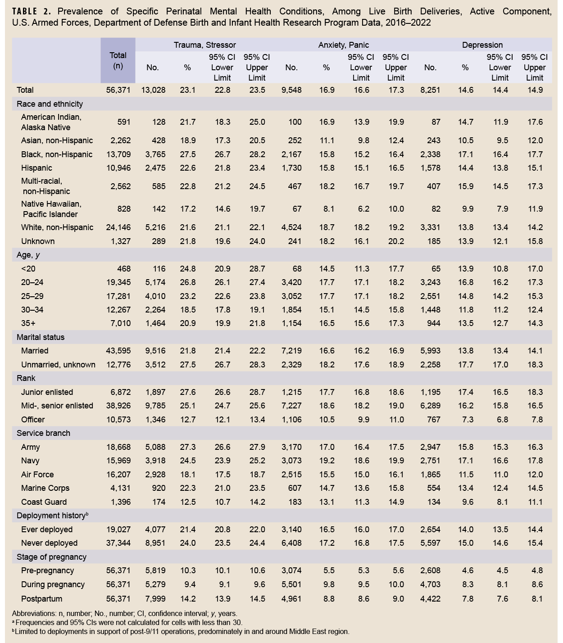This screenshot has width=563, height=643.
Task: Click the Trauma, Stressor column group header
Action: [x=204, y=45]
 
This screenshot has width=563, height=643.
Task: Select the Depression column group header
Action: [x=482, y=45]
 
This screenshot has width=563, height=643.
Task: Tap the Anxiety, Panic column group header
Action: [x=343, y=45]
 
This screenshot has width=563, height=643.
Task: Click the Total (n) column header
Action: [x=118, y=60]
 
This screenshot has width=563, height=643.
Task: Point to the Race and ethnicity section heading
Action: [x=50, y=104]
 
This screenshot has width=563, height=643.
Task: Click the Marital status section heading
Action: [x=41, y=337]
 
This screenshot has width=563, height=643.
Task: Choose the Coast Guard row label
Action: [x=44, y=502]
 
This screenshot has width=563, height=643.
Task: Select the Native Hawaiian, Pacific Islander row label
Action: [x=51, y=209]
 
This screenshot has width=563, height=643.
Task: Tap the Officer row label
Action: [x=33, y=420]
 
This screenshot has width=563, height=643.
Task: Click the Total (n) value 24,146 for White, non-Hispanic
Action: [x=118, y=227]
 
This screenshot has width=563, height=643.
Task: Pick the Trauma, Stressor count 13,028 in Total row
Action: [x=153, y=90]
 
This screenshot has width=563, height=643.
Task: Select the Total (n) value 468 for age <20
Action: [x=122, y=269]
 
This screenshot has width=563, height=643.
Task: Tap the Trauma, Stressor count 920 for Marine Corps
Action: [x=159, y=488]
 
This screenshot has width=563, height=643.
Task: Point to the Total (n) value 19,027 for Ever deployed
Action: [x=118, y=530]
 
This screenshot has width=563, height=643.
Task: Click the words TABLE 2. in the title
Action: [x=31, y=12]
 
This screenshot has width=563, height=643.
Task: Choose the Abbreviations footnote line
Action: [x=125, y=613]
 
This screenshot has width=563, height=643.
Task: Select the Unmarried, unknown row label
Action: [x=58, y=365]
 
